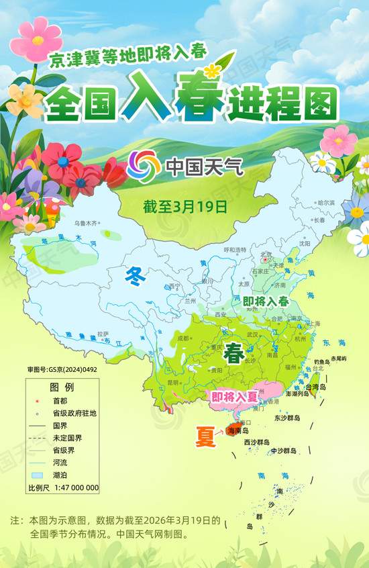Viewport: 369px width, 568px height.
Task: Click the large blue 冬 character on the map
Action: tap(136, 275)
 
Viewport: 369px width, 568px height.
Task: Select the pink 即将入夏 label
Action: tap(234, 397)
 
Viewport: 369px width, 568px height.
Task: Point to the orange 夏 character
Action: tap(205, 436)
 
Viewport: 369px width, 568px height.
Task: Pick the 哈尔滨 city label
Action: tap(326, 203)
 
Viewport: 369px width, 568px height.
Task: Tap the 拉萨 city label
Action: tap(102, 334)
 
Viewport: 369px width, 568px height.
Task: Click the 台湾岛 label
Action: tap(315, 387)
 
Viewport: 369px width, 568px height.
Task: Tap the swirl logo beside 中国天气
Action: tap(140, 164)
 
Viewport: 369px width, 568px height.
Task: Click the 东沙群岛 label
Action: tap(288, 418)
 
